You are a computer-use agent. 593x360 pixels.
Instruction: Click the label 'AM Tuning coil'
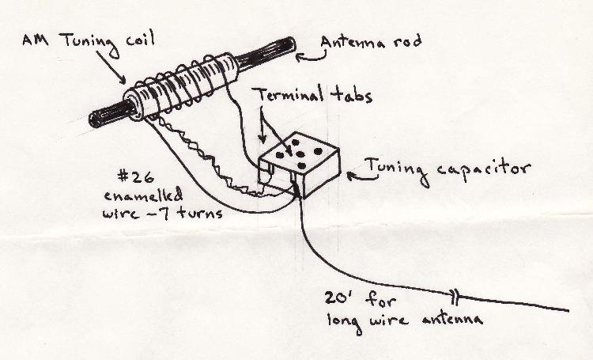(x=89, y=40)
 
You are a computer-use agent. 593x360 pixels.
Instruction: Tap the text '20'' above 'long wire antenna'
(x=342, y=300)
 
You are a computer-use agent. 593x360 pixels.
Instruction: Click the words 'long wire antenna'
(x=403, y=319)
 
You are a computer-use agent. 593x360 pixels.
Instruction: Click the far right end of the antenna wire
(x=566, y=309)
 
